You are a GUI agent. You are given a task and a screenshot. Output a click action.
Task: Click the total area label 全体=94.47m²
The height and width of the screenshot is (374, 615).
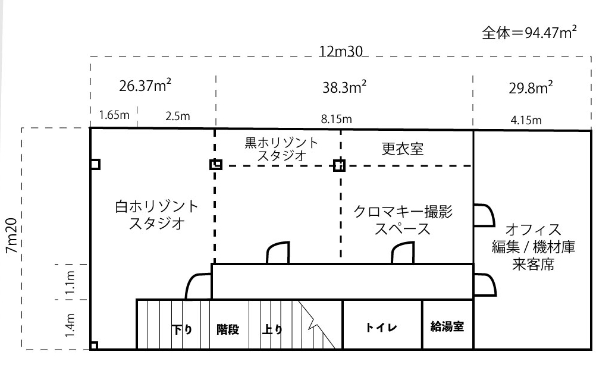pyautogui.click(x=529, y=33)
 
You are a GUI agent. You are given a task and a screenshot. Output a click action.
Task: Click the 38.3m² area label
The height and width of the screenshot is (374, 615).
pyautogui.click(x=344, y=87)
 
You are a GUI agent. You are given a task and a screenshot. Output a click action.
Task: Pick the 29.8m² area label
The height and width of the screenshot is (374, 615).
pyautogui.click(x=531, y=87)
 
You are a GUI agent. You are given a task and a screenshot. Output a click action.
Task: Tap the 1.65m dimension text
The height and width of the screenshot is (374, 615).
pyautogui.click(x=114, y=115)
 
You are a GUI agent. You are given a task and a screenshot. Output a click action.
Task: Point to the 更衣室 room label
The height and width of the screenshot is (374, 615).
pyautogui.click(x=403, y=149)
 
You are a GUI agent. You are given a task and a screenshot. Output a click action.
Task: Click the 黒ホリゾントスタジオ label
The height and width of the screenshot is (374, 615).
pyautogui.click(x=281, y=150)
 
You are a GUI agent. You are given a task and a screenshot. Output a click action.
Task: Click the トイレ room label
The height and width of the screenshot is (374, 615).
pyautogui.click(x=381, y=328)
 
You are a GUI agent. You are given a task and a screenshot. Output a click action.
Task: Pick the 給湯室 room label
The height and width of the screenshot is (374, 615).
pyautogui.click(x=447, y=327)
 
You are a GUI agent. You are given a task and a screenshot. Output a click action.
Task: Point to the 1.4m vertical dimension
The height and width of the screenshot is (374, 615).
pyautogui.click(x=70, y=324)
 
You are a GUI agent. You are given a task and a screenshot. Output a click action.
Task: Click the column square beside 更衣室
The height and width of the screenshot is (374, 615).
pyautogui.click(x=339, y=165)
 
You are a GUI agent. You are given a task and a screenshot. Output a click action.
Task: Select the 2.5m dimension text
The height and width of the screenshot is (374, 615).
pyautogui.click(x=178, y=116)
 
